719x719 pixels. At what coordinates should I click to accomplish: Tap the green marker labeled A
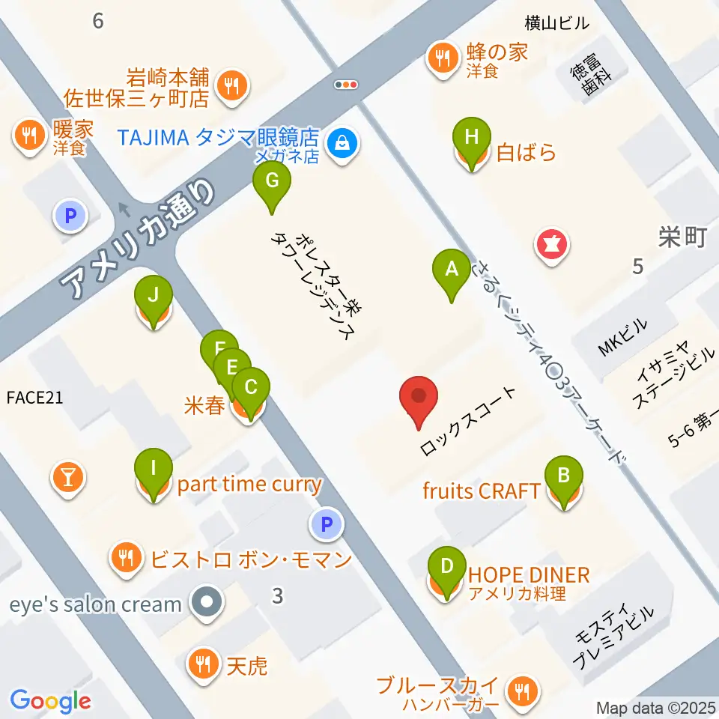point(451,270)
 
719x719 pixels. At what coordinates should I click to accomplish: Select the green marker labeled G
point(271,181)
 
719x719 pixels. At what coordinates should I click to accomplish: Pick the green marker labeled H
point(471,139)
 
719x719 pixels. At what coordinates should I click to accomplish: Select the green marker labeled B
point(564,476)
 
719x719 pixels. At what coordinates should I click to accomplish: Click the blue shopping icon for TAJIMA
point(342,140)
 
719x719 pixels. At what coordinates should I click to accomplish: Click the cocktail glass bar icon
point(69,476)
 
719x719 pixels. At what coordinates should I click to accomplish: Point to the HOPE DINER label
point(529,575)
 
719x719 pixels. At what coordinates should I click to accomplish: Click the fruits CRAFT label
point(482,491)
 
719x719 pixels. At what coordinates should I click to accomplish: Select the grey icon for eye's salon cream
point(204,601)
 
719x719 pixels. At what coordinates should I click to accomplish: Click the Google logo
point(50,700)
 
